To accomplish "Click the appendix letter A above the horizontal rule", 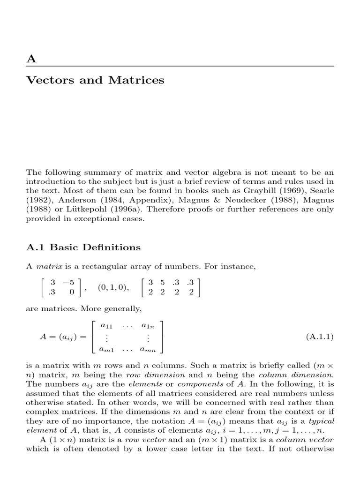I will [x=31, y=59].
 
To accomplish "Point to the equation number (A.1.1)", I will [x=320, y=337].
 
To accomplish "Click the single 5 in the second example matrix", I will [x=162, y=283].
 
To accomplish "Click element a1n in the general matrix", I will [x=148, y=324].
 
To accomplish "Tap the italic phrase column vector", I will [x=304, y=440].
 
